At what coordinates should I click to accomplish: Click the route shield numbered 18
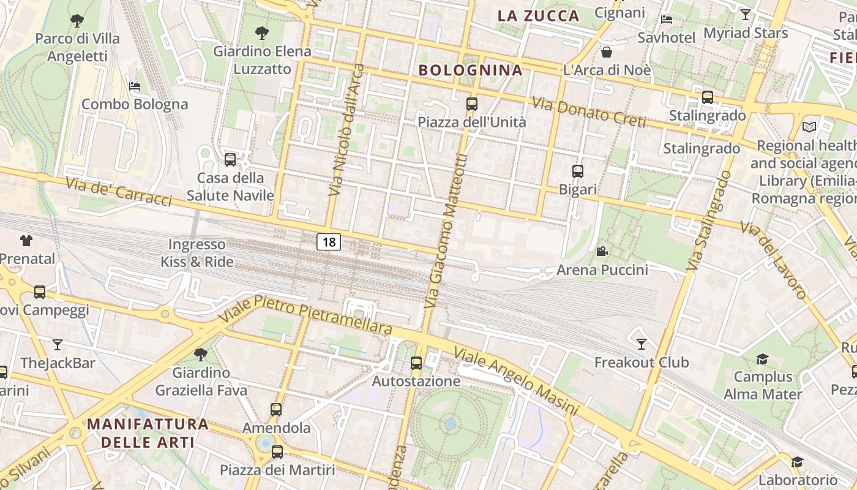[x=329, y=242]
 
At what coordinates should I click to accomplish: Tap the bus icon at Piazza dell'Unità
[x=471, y=104]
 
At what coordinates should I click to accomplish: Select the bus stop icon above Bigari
[x=578, y=171]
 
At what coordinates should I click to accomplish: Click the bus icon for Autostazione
[x=416, y=363]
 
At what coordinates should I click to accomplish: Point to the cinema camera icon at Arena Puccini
[x=602, y=251]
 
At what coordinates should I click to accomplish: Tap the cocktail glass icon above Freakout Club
[x=641, y=344]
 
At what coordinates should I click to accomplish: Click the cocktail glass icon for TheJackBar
[x=58, y=344]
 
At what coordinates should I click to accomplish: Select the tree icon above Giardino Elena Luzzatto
[x=262, y=32]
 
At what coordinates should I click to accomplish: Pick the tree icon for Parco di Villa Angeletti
[x=77, y=21]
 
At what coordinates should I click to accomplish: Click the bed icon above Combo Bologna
[x=135, y=86]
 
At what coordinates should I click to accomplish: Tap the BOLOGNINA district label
[x=470, y=70]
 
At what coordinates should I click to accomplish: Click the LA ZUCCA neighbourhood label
[x=538, y=16]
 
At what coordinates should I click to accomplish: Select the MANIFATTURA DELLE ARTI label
[x=148, y=432]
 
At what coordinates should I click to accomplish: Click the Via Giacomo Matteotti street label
[x=446, y=232]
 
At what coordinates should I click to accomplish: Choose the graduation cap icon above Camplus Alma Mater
[x=762, y=359]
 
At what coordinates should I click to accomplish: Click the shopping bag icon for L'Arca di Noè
[x=607, y=52]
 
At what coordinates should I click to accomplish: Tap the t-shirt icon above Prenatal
[x=26, y=241]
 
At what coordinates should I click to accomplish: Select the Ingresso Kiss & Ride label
[x=196, y=253]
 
